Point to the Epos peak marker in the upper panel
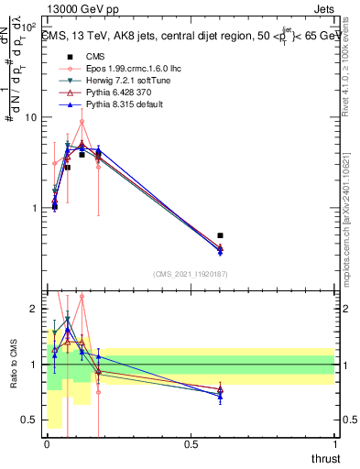pos(82,121)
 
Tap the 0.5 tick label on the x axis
pos(191,444)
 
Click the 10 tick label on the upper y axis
pos(31,117)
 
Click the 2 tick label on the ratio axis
pos(33,309)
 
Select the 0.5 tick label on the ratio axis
pos(28,420)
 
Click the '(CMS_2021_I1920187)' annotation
pos(189,273)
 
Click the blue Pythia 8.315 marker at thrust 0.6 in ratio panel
pos(220,397)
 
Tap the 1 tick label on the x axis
pos(336,444)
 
